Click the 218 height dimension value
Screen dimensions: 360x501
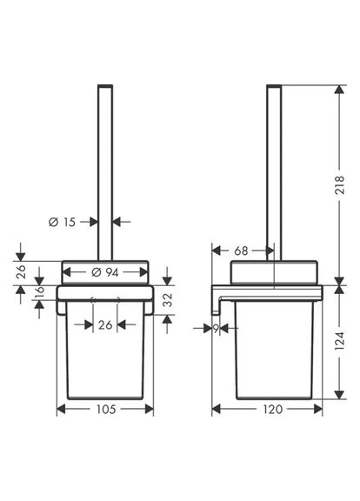(340, 184)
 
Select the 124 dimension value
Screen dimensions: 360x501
(340, 341)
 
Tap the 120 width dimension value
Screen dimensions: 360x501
(273, 409)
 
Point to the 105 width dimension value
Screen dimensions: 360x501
(106, 409)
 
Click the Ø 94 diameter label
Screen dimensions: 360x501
(104, 272)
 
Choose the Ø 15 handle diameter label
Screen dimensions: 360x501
(62, 222)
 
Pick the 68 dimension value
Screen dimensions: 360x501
(241, 250)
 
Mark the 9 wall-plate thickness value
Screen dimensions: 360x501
(217, 329)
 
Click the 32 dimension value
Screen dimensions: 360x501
(168, 300)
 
